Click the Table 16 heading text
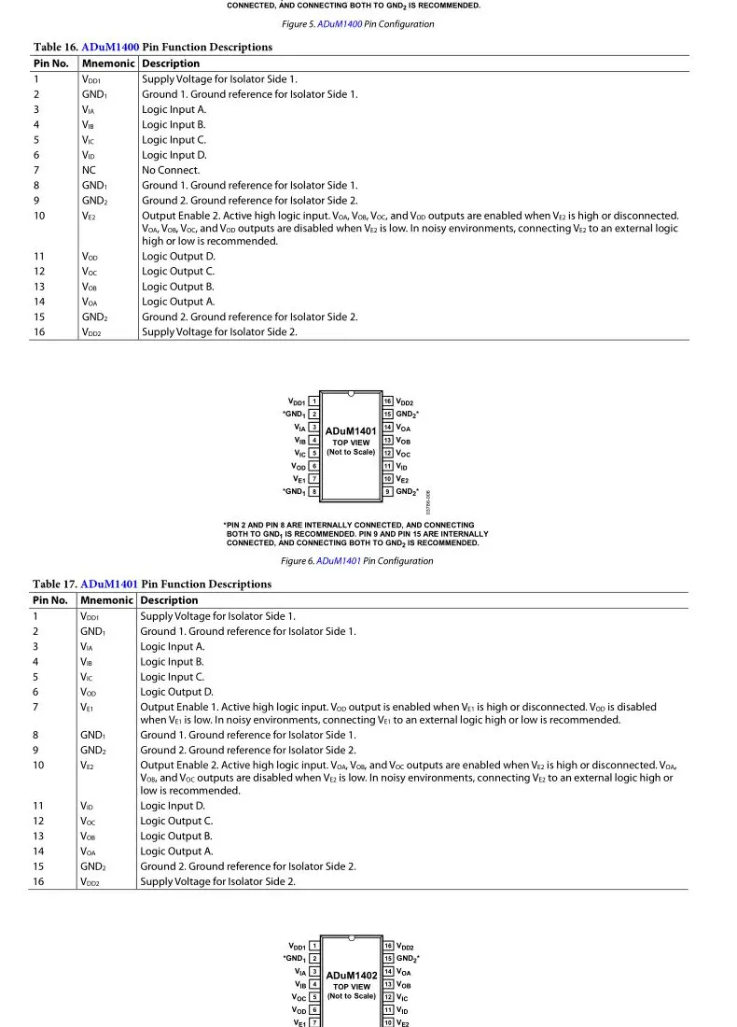pyautogui.click(x=153, y=47)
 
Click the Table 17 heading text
pyautogui.click(x=152, y=584)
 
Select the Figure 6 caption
pyautogui.click(x=356, y=561)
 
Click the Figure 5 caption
pyautogui.click(x=357, y=24)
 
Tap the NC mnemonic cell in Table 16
pyautogui.click(x=89, y=170)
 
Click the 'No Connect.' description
pyautogui.click(x=171, y=170)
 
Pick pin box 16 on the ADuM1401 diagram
pyautogui.click(x=387, y=401)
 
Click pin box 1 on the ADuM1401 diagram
pyautogui.click(x=313, y=401)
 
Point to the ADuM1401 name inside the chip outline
pyautogui.click(x=351, y=431)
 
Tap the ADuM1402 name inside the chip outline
pyautogui.click(x=351, y=976)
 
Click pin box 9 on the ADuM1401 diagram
pyautogui.click(x=387, y=491)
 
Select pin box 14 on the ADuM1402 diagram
pyautogui.click(x=387, y=972)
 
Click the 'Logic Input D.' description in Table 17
pyautogui.click(x=173, y=805)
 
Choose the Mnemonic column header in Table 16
pyautogui.click(x=108, y=63)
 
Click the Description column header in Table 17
pyautogui.click(x=169, y=600)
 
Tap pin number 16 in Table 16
pyautogui.click(x=39, y=331)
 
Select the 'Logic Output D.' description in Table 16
pyautogui.click(x=178, y=256)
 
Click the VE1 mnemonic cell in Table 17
pyautogui.click(x=87, y=707)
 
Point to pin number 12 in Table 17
pyautogui.click(x=39, y=821)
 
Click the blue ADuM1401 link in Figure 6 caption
pyautogui.click(x=339, y=561)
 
